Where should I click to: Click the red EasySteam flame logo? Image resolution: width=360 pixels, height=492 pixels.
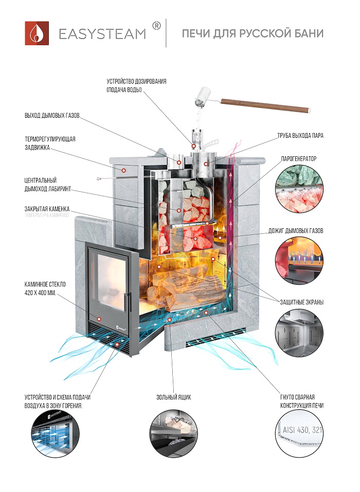pyautogui.click(x=37, y=33)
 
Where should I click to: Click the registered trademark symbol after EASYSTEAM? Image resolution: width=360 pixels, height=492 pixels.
pyautogui.click(x=157, y=26)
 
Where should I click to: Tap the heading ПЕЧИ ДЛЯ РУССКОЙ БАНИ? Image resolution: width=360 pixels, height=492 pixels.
pyautogui.click(x=252, y=34)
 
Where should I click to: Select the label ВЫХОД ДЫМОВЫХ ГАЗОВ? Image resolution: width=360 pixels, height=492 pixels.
pyautogui.click(x=51, y=115)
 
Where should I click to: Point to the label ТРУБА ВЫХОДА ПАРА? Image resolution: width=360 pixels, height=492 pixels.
pyautogui.click(x=300, y=136)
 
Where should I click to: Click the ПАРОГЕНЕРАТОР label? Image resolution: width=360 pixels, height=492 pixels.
pyautogui.click(x=299, y=159)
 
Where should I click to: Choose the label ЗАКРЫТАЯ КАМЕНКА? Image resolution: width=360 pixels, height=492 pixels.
pyautogui.click(x=50, y=209)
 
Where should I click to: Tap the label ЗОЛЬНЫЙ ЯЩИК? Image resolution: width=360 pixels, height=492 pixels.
pyautogui.click(x=173, y=397)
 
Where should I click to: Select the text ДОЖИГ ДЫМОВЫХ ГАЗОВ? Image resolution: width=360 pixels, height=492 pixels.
pyautogui.click(x=295, y=231)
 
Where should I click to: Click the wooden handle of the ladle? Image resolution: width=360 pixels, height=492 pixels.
pyautogui.click(x=267, y=104)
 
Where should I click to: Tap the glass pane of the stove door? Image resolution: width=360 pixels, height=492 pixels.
pyautogui.click(x=109, y=282)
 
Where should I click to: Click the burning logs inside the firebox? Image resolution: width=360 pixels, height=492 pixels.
pyautogui.click(x=185, y=288)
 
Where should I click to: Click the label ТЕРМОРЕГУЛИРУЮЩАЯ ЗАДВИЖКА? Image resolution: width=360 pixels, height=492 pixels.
pyautogui.click(x=50, y=143)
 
